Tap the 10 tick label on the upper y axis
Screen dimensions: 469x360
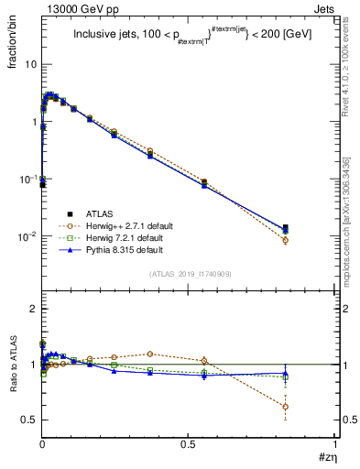click(x=30, y=65)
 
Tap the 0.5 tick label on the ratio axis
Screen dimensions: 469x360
click(x=30, y=420)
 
